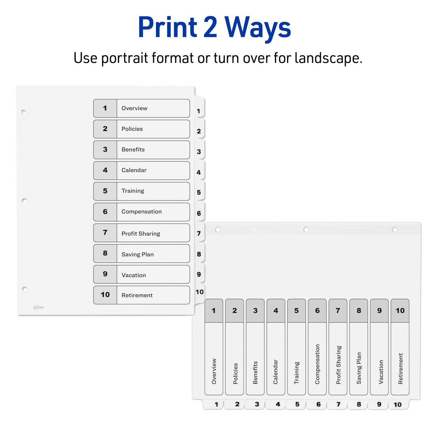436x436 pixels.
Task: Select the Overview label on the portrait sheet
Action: coord(134,108)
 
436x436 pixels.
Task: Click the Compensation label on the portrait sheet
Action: coord(141,212)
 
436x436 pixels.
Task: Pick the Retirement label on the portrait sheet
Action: coord(137,295)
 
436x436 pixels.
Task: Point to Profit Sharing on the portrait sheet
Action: coord(141,233)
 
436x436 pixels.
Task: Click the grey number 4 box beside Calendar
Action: coord(105,170)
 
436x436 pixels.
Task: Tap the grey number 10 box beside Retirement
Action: coord(105,295)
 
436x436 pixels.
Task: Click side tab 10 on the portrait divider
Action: coord(200,292)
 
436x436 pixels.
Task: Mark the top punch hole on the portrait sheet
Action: coord(24,112)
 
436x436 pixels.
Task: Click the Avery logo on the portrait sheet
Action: coord(38,308)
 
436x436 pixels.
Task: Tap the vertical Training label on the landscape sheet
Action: coord(296,373)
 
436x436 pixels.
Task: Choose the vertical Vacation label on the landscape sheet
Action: coord(381,372)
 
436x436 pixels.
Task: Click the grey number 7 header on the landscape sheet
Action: coord(338,311)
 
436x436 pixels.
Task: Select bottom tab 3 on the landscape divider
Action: coord(256,404)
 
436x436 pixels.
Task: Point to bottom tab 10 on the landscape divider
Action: coord(398,404)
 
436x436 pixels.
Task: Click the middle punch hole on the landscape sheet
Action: coord(306,230)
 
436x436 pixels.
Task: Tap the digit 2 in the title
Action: coord(210,27)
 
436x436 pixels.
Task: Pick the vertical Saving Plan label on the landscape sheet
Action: coord(359,368)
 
